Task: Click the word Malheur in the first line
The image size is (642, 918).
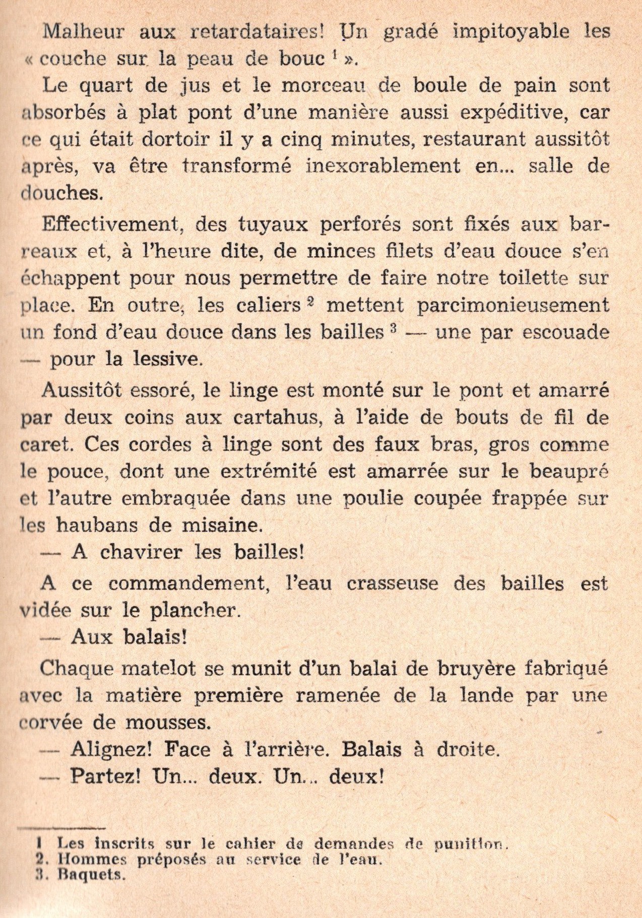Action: [83, 32]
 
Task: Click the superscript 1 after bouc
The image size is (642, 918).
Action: [334, 56]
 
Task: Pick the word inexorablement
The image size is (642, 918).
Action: [383, 166]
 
